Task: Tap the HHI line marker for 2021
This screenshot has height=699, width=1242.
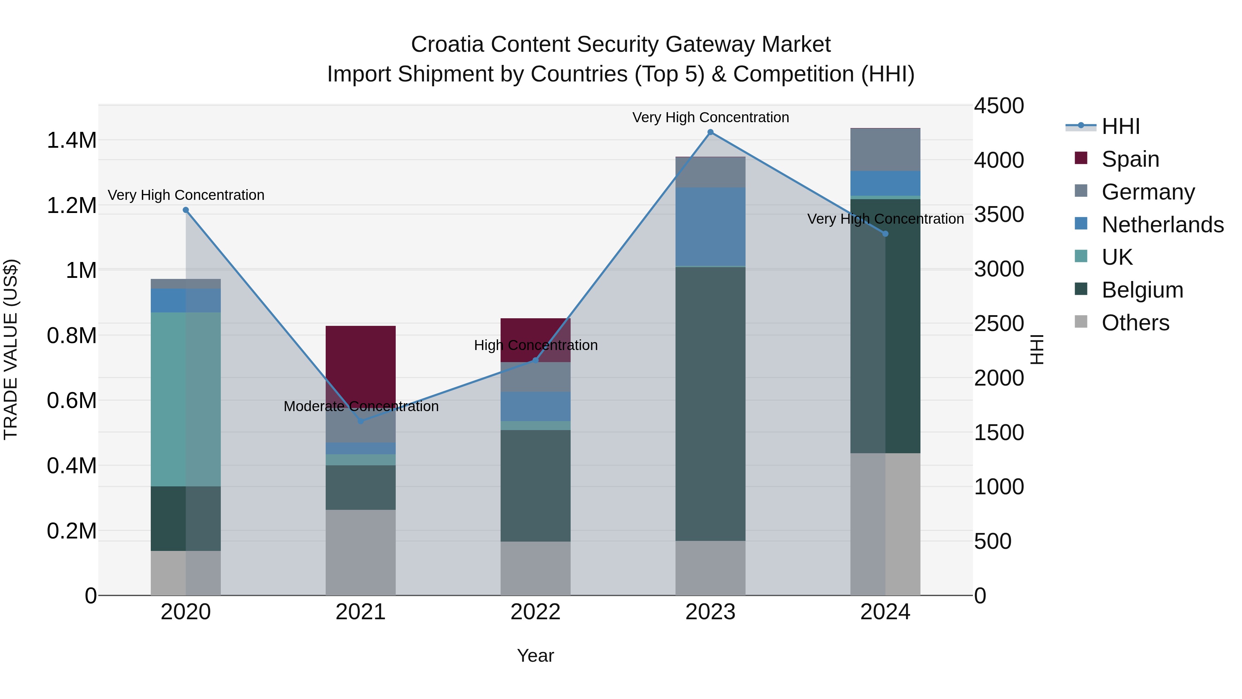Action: point(361,421)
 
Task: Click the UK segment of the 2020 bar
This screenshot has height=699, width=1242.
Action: point(186,399)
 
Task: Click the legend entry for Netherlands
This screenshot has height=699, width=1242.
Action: point(1162,225)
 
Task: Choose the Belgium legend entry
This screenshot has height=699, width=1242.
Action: point(1142,290)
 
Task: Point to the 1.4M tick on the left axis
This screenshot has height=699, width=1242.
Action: point(71,140)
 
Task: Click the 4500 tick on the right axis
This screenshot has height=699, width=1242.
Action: point(998,106)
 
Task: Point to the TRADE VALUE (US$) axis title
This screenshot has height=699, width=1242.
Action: point(11,350)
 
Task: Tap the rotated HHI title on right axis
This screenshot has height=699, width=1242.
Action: point(1037,350)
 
